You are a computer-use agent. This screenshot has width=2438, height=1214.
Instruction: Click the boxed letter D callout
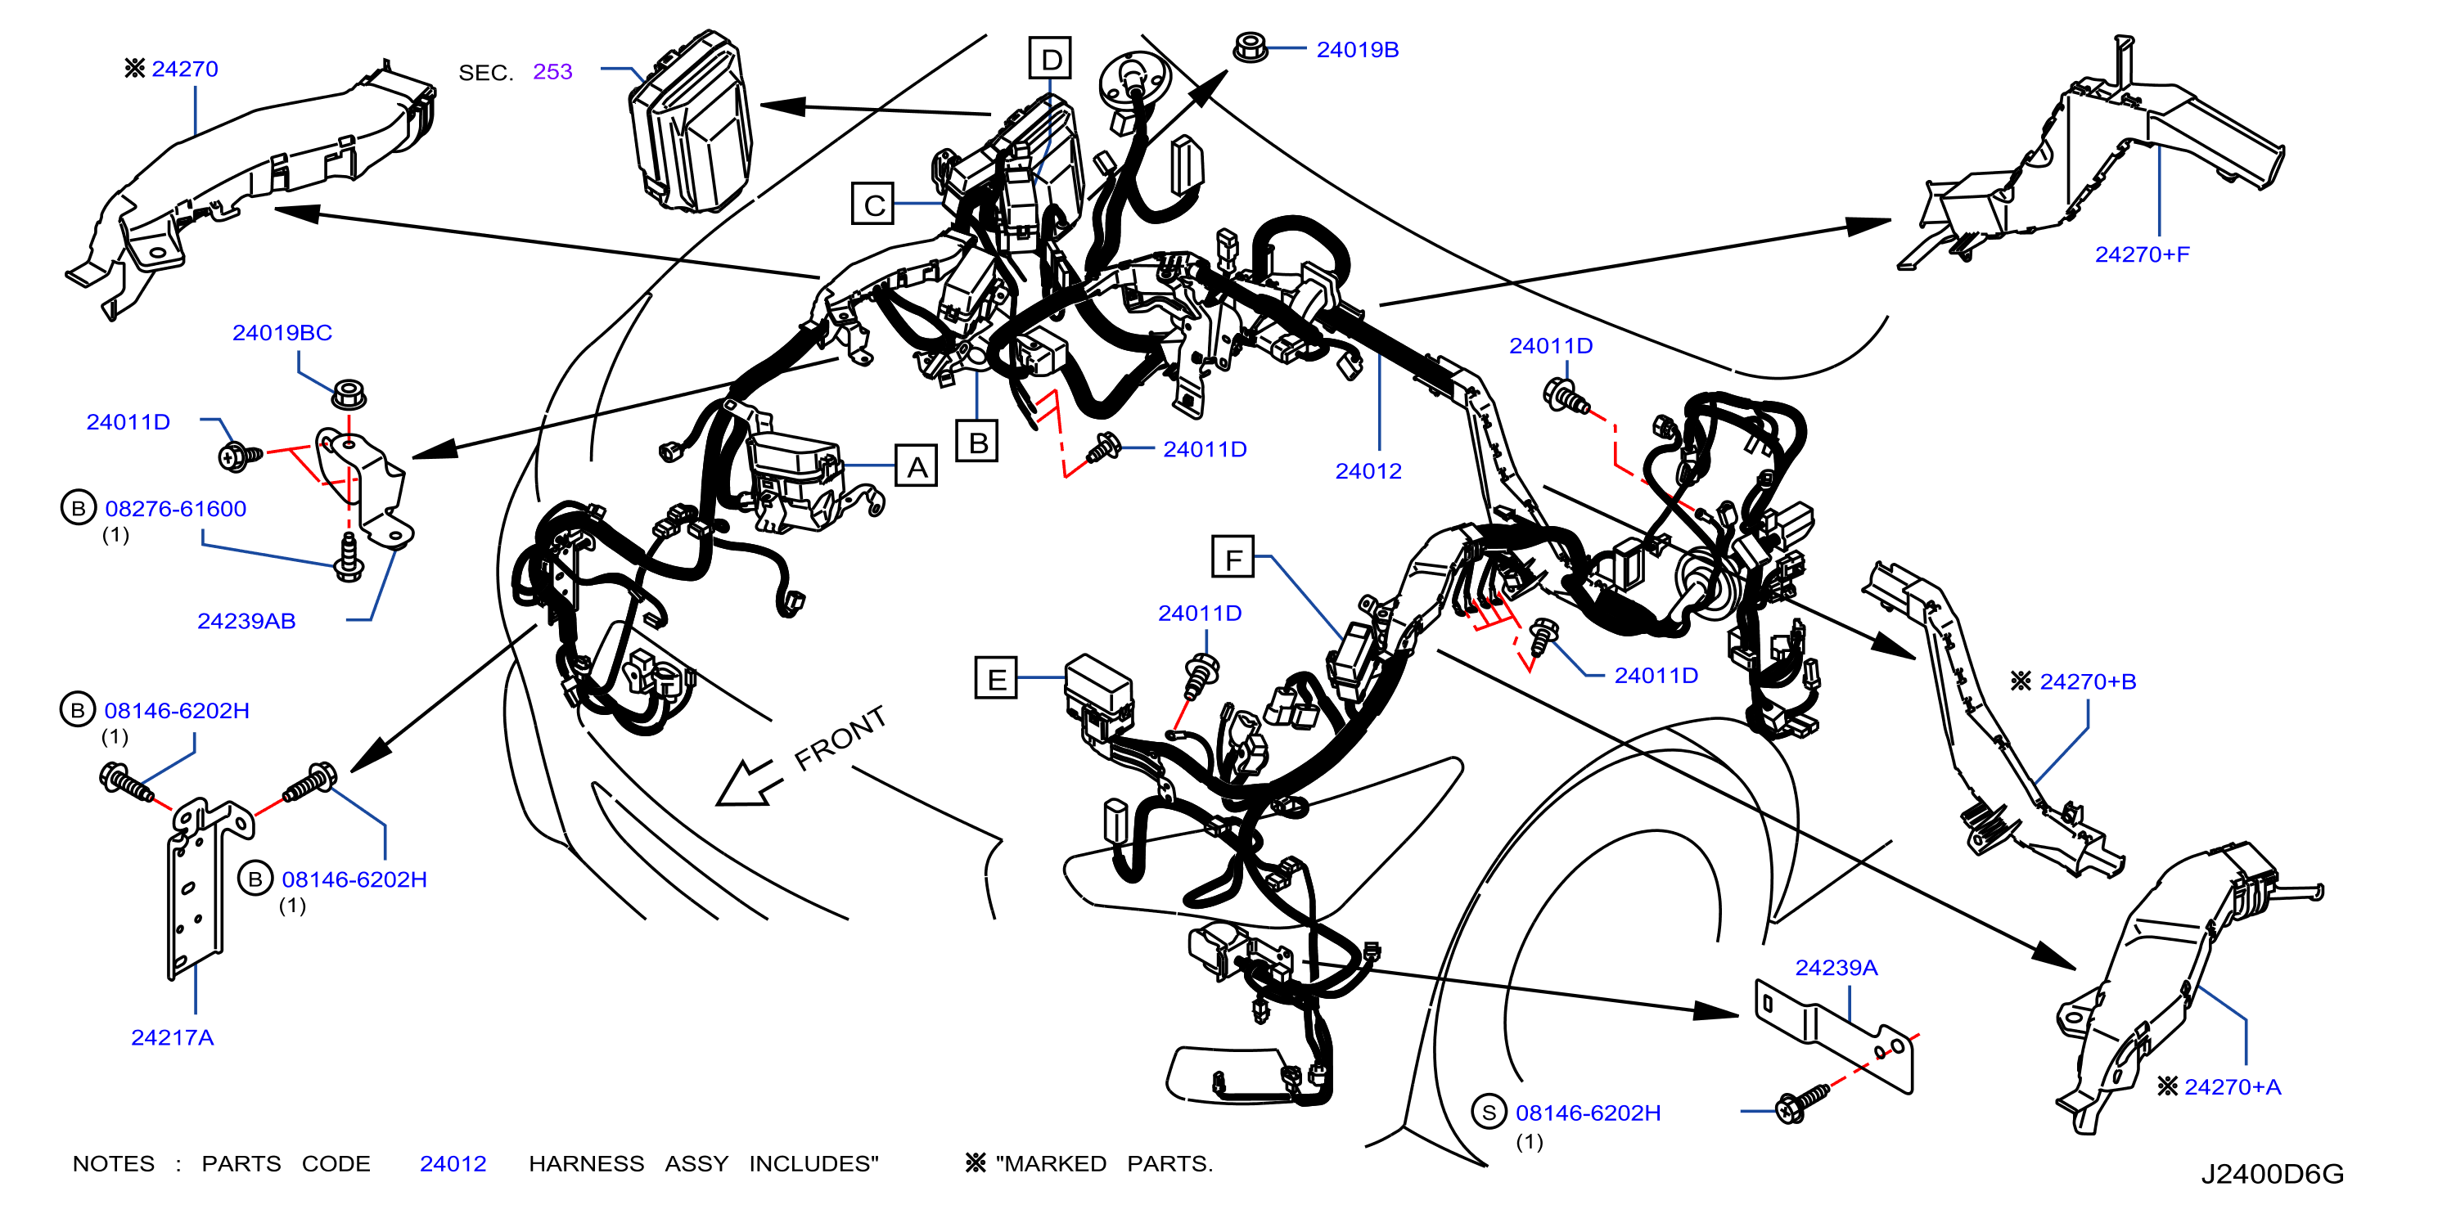(x=1051, y=59)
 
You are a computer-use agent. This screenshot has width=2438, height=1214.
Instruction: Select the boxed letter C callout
(x=872, y=204)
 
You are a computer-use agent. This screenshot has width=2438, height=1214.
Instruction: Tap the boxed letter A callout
(x=916, y=465)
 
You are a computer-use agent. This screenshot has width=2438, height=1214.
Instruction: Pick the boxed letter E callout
(x=997, y=678)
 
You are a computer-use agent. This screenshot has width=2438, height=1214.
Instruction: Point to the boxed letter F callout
(x=1233, y=557)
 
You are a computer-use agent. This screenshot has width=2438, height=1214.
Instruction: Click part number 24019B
(x=1357, y=49)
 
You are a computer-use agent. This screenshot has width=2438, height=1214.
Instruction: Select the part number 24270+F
(x=2142, y=254)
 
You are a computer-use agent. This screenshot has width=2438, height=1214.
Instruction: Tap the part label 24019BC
(x=282, y=332)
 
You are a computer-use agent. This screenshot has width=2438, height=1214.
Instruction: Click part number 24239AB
(x=246, y=621)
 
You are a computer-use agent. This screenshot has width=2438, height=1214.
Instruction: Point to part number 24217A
(x=172, y=1037)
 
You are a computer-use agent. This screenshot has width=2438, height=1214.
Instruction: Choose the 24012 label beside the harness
(x=1368, y=470)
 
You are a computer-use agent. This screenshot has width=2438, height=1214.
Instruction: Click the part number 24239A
(x=1836, y=967)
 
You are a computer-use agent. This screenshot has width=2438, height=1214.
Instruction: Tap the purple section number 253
(x=552, y=71)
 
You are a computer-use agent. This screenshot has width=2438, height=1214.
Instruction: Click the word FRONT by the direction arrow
(x=840, y=737)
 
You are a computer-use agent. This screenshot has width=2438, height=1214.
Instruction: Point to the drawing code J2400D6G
(x=2271, y=1173)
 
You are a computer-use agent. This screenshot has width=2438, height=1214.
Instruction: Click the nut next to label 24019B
(x=1251, y=47)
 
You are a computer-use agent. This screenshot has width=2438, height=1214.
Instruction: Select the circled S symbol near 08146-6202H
(x=1489, y=1112)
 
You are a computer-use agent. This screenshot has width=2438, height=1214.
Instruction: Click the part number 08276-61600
(x=175, y=508)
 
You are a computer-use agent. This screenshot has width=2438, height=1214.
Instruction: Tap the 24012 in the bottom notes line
(x=453, y=1163)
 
